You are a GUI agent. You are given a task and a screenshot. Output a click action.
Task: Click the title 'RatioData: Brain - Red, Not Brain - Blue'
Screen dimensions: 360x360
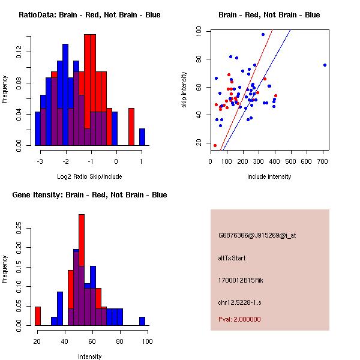pyautogui.click(x=89, y=15)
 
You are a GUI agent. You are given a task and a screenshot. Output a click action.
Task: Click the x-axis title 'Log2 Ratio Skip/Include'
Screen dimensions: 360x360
pyautogui.click(x=89, y=176)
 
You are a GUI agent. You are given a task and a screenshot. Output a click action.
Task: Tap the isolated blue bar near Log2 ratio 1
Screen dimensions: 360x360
pyautogui.click(x=142, y=137)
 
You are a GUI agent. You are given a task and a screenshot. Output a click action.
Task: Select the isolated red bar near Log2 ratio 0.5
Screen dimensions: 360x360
pyautogui.click(x=131, y=127)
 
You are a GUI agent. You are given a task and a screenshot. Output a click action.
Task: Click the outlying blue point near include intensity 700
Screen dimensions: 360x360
pyautogui.click(x=325, y=65)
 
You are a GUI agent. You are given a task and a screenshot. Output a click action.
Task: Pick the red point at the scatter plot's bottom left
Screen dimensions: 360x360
pyautogui.click(x=215, y=145)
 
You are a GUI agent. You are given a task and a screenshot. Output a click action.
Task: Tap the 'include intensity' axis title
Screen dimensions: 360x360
pyautogui.click(x=269, y=176)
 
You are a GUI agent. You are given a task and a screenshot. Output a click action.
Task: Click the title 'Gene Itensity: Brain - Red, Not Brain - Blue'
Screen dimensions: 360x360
pyautogui.click(x=89, y=195)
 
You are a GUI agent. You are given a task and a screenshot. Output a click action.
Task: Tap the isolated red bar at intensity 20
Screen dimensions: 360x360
pyautogui.click(x=38, y=316)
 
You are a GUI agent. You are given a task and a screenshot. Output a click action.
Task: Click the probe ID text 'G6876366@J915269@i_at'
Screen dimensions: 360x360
pyautogui.click(x=257, y=235)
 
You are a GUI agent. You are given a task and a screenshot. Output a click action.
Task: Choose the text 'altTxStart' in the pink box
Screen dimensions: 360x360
pyautogui.click(x=232, y=258)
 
